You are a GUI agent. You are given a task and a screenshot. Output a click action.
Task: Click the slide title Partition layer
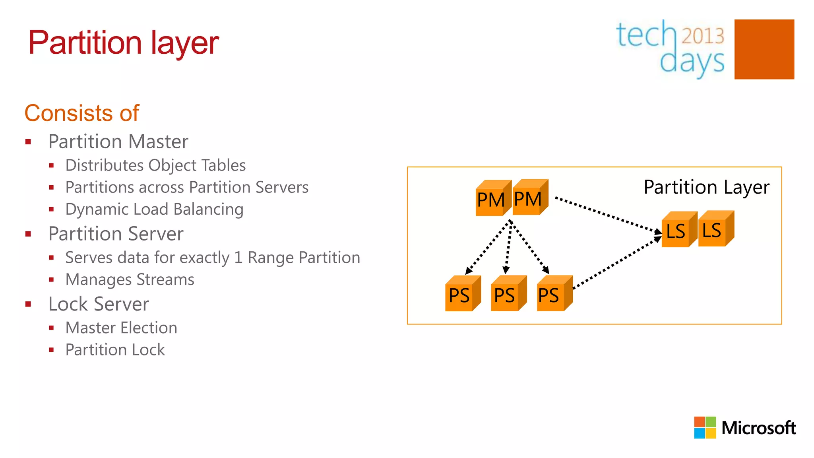pos(123,43)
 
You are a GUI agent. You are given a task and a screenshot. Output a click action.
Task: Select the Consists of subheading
pos(82,113)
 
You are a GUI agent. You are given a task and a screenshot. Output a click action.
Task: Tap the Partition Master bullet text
pos(118,142)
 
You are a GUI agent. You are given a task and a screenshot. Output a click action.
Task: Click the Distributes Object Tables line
pos(155,165)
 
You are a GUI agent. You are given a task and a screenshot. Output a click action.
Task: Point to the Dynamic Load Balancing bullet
pos(154,210)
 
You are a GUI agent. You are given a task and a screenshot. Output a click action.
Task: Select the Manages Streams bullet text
pos(130,279)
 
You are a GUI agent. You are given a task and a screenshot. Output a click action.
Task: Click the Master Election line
pos(121,328)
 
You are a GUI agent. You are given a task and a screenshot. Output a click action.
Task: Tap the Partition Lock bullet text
pos(115,350)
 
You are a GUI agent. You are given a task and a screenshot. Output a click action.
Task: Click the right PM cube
pos(529,198)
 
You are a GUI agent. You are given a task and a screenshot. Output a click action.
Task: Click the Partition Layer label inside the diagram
pos(706,187)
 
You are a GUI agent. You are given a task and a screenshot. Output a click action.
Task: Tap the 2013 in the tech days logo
pos(703,36)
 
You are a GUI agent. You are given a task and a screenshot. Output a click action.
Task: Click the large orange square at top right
pos(764,49)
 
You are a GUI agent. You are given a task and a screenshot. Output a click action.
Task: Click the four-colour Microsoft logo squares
pos(705,427)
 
